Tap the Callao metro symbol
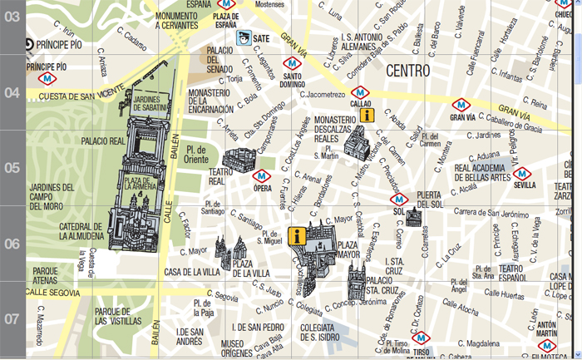pos(360,91)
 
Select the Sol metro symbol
pos(398,199)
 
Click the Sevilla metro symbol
pos(523,173)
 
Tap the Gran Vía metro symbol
pos(461,105)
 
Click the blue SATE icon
pos(244,38)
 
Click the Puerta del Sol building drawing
pos(413,217)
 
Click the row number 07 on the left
pos(12,319)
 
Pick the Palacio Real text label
pos(103,142)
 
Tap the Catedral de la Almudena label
pos(80,231)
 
